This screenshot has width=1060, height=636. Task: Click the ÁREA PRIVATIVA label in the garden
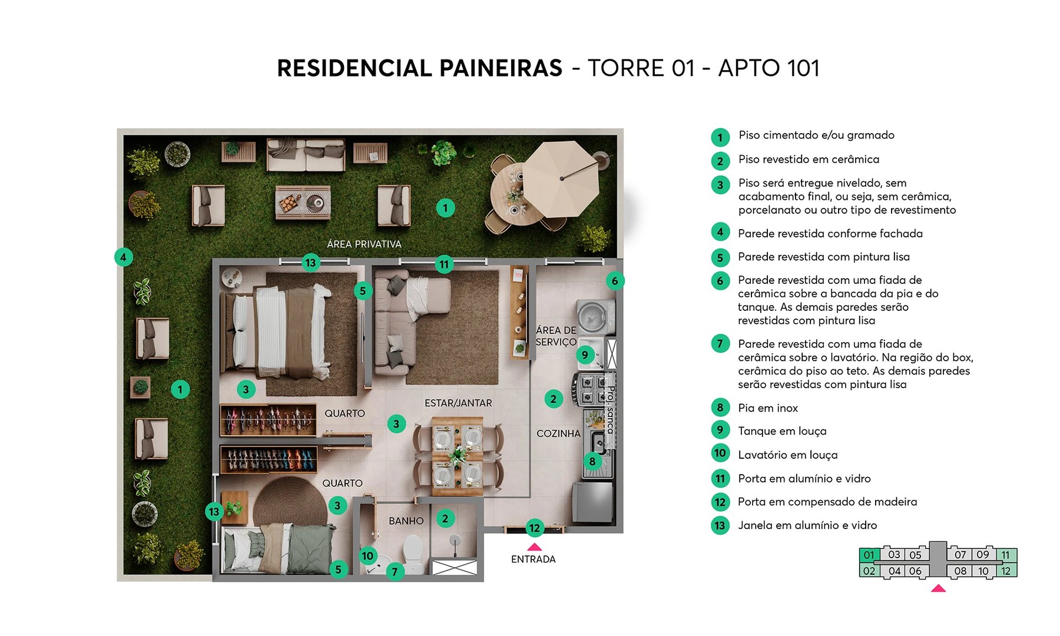(364, 244)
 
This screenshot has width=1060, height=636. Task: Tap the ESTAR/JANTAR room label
(458, 403)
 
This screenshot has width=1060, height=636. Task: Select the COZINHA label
(558, 433)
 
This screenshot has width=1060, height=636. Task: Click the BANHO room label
(406, 521)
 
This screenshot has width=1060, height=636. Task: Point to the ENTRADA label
(533, 559)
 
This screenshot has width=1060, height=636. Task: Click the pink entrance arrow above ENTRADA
(534, 547)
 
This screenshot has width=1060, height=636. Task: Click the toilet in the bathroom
(413, 554)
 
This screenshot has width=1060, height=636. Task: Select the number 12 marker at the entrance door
(534, 528)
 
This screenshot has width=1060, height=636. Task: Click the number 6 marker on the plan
(615, 281)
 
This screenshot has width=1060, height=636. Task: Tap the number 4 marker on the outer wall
(123, 257)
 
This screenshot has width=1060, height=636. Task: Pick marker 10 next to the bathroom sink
(367, 555)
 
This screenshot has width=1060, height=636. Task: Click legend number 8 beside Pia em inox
(720, 408)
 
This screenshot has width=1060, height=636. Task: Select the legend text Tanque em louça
(782, 431)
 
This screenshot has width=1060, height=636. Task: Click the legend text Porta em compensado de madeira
(827, 502)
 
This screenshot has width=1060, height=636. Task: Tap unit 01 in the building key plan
(869, 555)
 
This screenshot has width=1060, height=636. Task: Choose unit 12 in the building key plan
(1006, 571)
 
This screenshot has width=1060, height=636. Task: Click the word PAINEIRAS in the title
(501, 68)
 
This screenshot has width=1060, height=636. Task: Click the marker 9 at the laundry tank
(585, 355)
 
